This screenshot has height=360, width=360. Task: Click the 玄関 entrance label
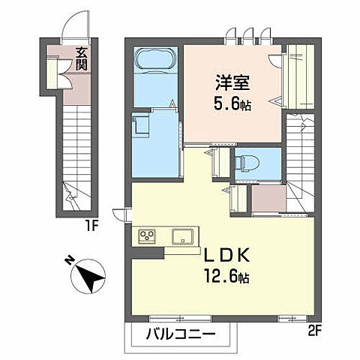[x=79, y=58]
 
